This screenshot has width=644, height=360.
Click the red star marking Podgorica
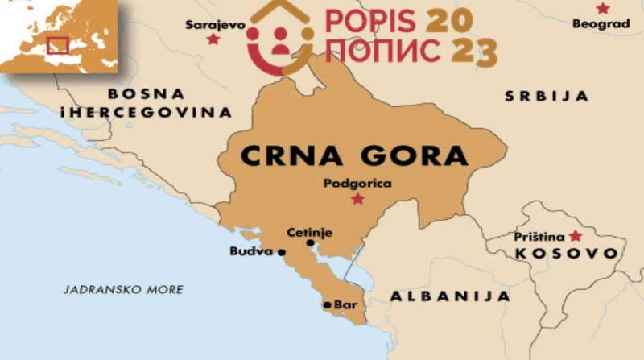(x=357, y=199)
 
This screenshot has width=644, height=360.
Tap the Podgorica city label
(x=357, y=184)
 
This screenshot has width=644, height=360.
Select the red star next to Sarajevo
(x=213, y=39)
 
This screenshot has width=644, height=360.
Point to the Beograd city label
(x=601, y=24)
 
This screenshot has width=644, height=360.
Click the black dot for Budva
(x=282, y=252)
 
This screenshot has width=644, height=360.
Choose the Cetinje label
(x=310, y=233)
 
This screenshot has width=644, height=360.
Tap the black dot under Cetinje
(x=310, y=242)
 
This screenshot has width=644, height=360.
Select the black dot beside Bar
(x=326, y=304)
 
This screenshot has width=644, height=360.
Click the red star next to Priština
(x=575, y=236)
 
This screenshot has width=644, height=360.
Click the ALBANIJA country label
(x=450, y=296)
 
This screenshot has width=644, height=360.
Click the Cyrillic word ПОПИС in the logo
(x=382, y=51)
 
